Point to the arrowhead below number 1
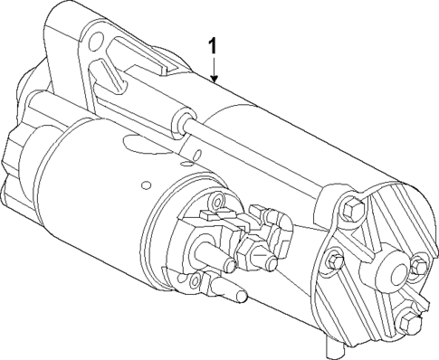pos(214,80)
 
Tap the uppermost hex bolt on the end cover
pos(354,212)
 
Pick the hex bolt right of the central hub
pos(417,266)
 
